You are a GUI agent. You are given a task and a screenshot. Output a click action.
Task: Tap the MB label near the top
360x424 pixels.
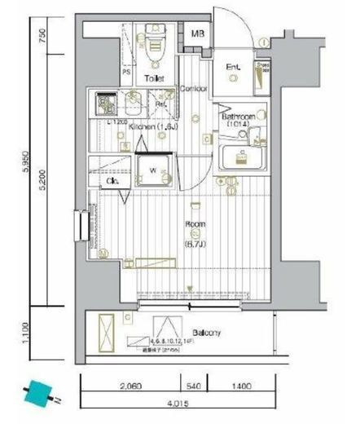click(198, 35)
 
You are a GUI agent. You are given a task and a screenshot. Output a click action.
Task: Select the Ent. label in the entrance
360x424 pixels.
click(234, 67)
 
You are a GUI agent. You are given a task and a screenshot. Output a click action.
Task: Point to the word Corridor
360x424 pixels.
click(192, 88)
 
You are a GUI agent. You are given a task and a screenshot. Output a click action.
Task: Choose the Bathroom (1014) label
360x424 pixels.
click(240, 121)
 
